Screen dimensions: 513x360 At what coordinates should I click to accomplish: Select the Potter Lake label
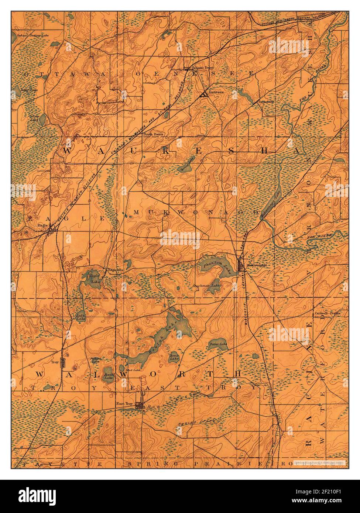click(218, 344)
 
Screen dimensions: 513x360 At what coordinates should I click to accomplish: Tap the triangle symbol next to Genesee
click(203, 95)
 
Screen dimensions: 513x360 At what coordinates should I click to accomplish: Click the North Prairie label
click(153, 134)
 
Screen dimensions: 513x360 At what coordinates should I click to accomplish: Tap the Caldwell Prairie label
click(326, 313)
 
